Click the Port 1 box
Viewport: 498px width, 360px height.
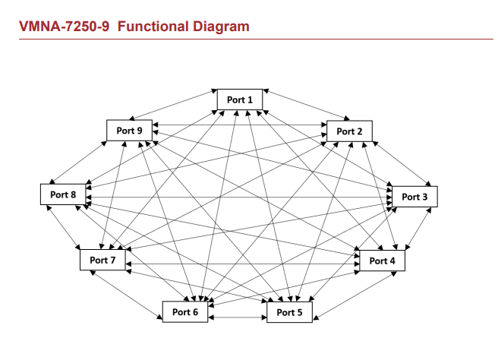[x=240, y=99]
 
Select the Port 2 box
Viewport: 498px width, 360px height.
[x=349, y=131]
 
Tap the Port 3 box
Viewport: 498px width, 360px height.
[x=414, y=197]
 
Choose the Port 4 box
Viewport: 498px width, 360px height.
[x=382, y=261]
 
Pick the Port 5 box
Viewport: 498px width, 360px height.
[x=289, y=312]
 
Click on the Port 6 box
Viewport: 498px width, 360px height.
[x=184, y=311]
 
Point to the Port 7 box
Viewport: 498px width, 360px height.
[x=102, y=261]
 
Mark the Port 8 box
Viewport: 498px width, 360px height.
[x=63, y=194]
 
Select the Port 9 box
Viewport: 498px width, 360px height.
[x=129, y=130]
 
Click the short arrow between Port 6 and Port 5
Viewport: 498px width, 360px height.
[x=237, y=316]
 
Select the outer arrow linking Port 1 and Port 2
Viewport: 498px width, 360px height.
[x=306, y=105]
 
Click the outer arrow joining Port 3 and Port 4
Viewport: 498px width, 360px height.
[x=420, y=228]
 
